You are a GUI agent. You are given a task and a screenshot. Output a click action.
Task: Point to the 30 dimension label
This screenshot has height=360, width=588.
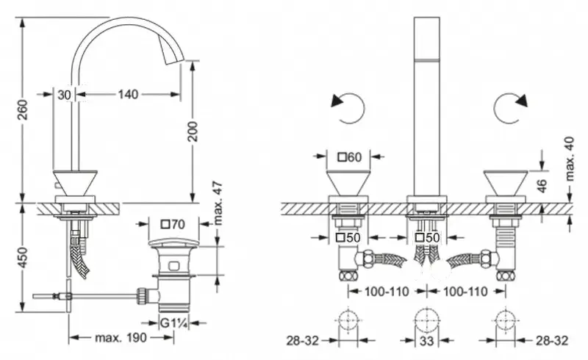(64, 94)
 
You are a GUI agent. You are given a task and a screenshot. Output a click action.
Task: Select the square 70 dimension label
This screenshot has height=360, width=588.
(173, 224)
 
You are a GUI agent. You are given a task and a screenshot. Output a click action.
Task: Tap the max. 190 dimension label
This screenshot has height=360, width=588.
(121, 339)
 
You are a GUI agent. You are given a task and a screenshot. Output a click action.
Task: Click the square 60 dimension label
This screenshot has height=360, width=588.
(350, 156)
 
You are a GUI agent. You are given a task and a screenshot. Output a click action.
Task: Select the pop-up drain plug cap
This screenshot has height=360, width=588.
(173, 241)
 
